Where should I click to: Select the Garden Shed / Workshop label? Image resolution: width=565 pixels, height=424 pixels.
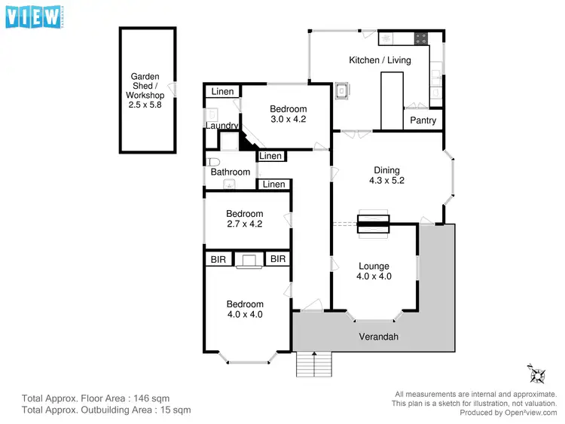pyautogui.click(x=147, y=90)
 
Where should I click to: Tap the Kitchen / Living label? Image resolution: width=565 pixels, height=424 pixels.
pyautogui.click(x=380, y=60)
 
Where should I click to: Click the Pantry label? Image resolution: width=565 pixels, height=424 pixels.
pyautogui.click(x=423, y=120)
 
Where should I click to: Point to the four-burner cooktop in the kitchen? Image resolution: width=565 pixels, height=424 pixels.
pyautogui.click(x=420, y=38)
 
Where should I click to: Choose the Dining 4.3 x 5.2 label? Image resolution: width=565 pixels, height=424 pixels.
pyautogui.click(x=384, y=175)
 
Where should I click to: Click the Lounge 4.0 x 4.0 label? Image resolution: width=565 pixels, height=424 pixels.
pyautogui.click(x=374, y=271)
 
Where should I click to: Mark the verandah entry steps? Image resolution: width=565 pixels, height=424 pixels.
pyautogui.click(x=313, y=365)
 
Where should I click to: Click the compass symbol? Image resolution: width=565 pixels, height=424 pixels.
pyautogui.click(x=537, y=373)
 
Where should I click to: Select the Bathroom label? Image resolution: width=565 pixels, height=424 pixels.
pyautogui.click(x=230, y=172)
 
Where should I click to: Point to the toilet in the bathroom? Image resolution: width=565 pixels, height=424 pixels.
pyautogui.click(x=215, y=161)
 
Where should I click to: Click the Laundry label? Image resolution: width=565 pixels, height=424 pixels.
pyautogui.click(x=222, y=126)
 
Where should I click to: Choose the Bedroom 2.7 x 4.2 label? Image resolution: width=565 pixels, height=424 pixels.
pyautogui.click(x=245, y=218)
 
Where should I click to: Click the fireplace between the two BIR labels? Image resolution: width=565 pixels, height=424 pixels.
pyautogui.click(x=248, y=260)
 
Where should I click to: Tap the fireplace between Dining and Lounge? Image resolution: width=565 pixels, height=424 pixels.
pyautogui.click(x=373, y=222)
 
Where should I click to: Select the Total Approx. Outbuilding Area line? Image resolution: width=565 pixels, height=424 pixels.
pyautogui.click(x=106, y=410)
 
